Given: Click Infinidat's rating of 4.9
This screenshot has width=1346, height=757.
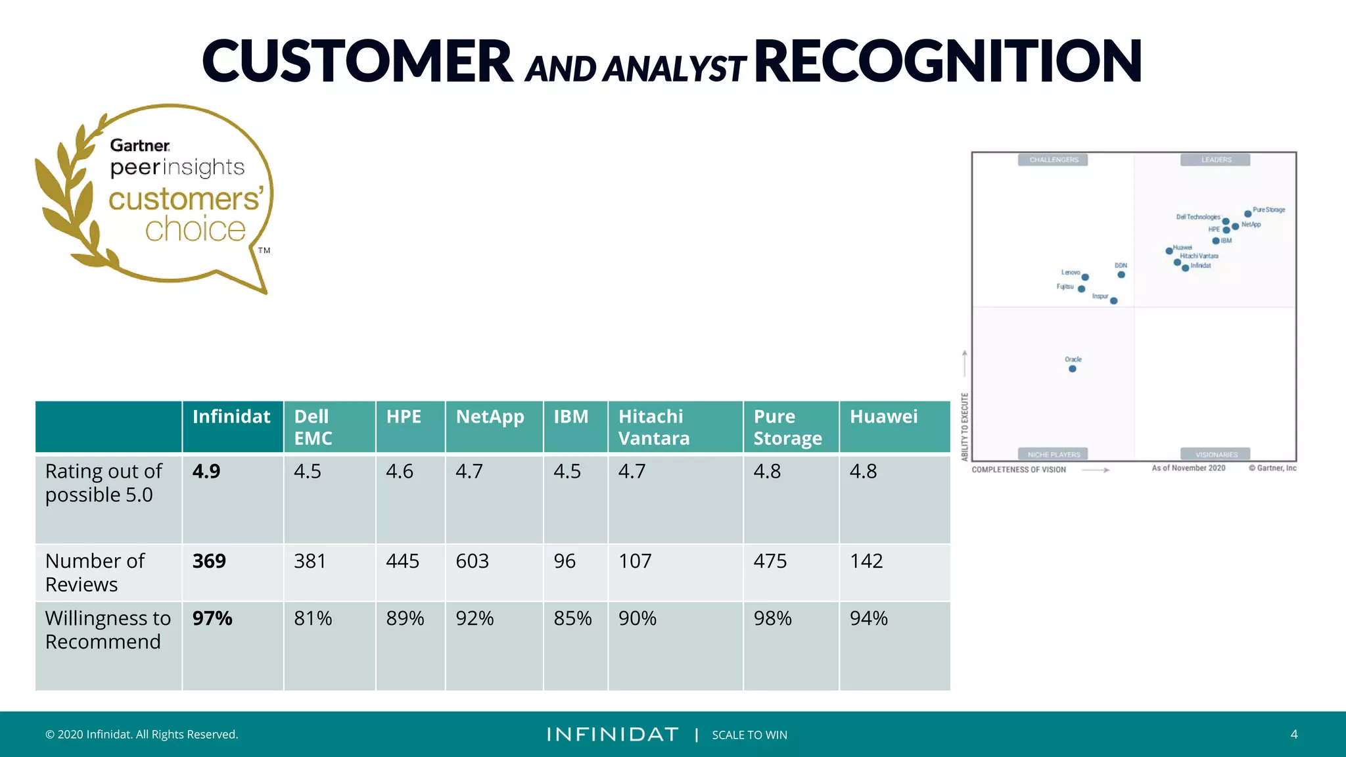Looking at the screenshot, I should pos(206,472).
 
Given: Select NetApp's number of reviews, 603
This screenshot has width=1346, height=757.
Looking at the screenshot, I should pos(472,561).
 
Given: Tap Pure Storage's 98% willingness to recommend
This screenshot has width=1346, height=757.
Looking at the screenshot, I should pos(772,618).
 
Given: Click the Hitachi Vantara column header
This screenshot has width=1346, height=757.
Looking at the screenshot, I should pos(654,427).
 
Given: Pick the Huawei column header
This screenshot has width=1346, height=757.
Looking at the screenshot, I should pos(883,417).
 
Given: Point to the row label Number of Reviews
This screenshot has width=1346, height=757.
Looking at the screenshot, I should pos(95,572).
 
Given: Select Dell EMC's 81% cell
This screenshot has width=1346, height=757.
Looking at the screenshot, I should pos(313,618).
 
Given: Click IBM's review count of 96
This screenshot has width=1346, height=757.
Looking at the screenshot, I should pos(565,561).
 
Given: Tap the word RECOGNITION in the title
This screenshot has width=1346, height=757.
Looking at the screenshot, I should pos(948,61).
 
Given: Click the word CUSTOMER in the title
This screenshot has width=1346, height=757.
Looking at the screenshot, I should pos(357,61).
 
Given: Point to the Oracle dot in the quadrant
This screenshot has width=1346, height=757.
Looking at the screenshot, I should pos(1073,369).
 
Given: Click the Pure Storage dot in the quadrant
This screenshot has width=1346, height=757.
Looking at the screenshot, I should pos(1247,214).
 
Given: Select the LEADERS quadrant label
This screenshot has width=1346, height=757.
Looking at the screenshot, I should pos(1216,160).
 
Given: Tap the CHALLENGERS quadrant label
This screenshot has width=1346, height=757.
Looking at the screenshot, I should pos(1054,160).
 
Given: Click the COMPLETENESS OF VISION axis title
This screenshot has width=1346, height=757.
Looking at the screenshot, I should pos(1019,470).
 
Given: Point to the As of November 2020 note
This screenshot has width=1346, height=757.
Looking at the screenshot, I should pos(1188,468).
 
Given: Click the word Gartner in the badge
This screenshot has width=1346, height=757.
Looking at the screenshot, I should pos(139,145).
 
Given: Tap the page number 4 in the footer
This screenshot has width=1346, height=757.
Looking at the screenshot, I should pos(1293,734).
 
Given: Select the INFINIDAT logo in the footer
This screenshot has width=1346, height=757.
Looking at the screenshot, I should pos(613,734).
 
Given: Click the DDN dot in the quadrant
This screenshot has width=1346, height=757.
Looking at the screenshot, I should pos(1121,275).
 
